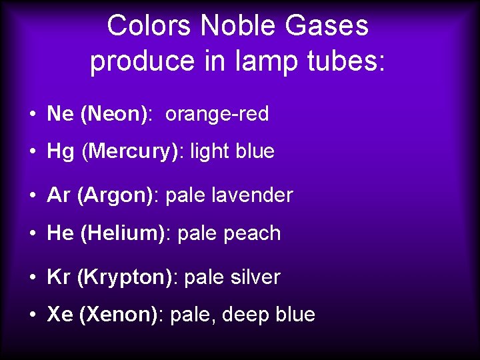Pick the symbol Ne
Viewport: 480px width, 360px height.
click(60, 115)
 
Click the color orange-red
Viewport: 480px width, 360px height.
click(217, 115)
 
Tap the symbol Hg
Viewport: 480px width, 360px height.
click(61, 151)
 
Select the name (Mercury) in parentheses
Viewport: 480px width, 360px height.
click(133, 151)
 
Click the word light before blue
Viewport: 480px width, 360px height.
click(210, 151)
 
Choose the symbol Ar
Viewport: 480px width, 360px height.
click(59, 195)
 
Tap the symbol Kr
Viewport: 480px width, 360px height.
click(59, 277)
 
